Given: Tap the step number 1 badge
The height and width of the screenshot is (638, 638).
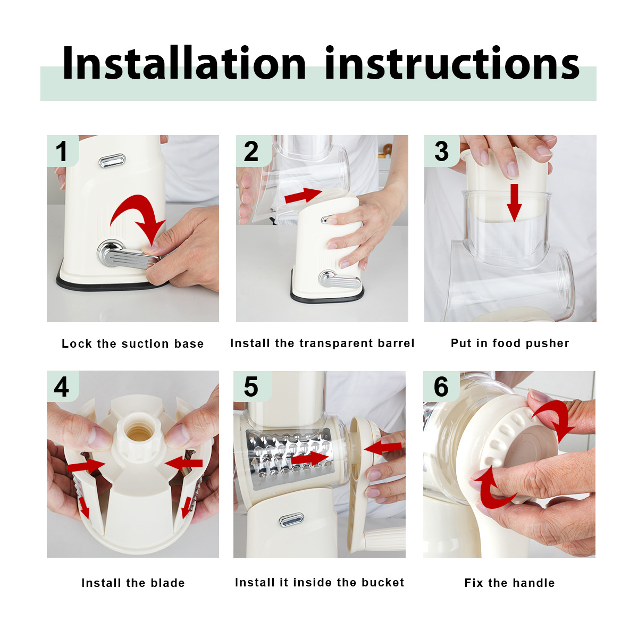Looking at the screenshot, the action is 63,150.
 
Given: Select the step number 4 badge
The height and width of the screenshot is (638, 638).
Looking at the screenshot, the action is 63,386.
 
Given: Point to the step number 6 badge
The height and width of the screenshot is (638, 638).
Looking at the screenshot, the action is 441,387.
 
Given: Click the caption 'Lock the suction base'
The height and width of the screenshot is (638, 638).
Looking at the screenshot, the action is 133,343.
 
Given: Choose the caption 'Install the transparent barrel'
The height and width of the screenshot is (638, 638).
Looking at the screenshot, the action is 322,343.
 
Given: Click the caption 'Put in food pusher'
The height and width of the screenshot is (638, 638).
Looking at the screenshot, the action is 510,343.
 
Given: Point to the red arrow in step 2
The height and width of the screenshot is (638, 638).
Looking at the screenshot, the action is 304,195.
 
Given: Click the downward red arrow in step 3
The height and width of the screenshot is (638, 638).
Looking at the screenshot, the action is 514,203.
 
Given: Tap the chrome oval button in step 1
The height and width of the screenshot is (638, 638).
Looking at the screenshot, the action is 112,161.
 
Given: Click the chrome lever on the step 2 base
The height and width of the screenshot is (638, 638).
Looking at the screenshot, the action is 339,280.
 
